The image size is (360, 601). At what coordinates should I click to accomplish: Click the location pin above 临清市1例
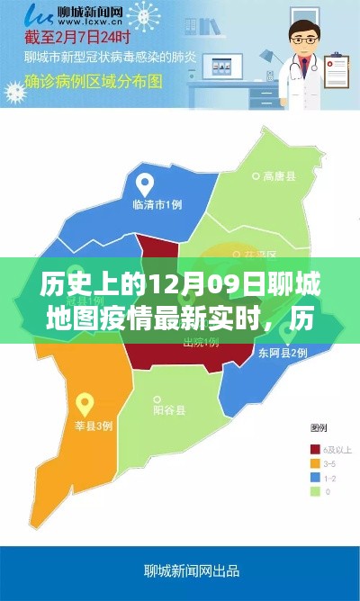143,184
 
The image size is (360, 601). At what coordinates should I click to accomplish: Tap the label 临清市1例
157,204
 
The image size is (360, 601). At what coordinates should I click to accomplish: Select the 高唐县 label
280,176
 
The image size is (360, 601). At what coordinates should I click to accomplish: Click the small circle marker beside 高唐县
256,176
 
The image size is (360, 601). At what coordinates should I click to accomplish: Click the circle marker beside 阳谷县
147,410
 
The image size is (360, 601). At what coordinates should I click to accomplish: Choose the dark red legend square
314,448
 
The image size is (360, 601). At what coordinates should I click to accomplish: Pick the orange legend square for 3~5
314,462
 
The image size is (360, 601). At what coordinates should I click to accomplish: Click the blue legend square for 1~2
314,477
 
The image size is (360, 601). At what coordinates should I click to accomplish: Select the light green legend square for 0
314,491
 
